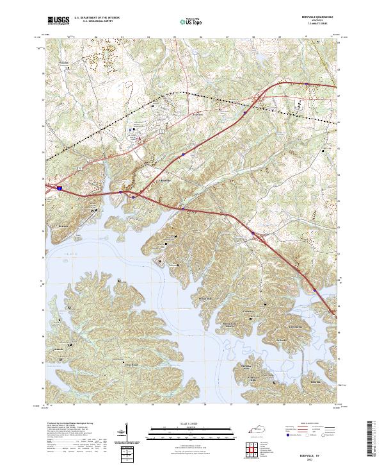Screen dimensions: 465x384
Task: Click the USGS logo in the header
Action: [58, 21]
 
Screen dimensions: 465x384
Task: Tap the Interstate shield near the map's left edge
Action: [60, 188]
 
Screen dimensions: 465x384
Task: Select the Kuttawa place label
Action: [63, 226]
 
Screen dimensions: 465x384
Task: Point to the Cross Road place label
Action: [131, 364]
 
